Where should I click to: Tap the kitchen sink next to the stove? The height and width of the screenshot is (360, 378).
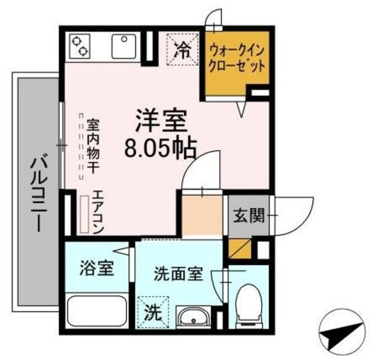[125, 46]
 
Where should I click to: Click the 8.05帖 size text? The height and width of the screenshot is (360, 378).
[159, 148]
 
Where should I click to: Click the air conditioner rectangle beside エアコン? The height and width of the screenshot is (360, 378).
[85, 214]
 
